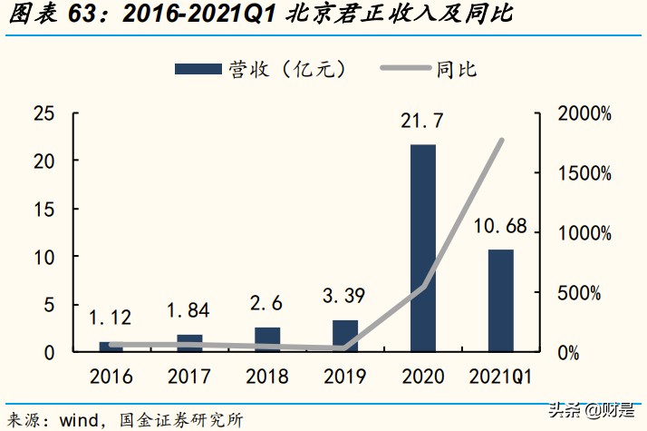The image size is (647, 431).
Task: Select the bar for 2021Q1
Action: pos(501,299)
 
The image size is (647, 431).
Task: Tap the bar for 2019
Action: pos(345,335)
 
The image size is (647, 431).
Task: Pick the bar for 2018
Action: pos(267,338)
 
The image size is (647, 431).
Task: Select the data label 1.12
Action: pos(111,318)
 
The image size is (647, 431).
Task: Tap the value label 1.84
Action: pos(188,310)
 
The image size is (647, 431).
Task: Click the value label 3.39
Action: pos(345,296)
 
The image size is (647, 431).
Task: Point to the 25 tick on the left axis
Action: pos(43,114)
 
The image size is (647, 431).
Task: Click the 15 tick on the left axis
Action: pos(43,210)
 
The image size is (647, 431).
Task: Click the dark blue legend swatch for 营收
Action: pos(197,69)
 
